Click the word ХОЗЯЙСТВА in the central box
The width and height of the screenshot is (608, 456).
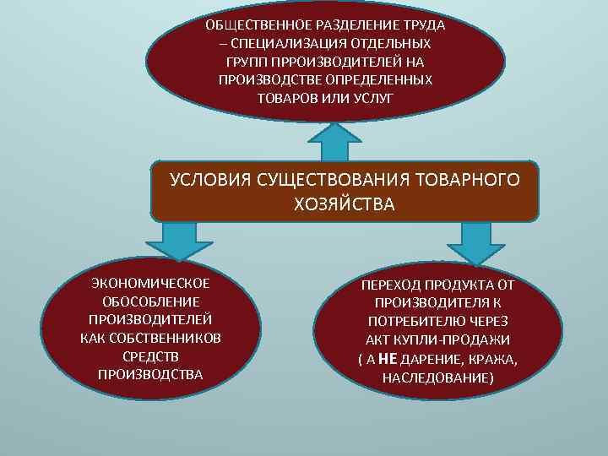tap(344, 204)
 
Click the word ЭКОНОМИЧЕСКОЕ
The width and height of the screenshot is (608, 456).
tap(150, 282)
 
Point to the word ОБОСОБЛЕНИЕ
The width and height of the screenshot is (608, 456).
tap(150, 301)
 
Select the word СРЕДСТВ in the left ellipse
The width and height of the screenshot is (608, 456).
tap(150, 356)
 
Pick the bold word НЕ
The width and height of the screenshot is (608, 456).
tap(388, 358)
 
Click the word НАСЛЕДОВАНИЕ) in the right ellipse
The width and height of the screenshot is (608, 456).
tap(437, 377)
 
